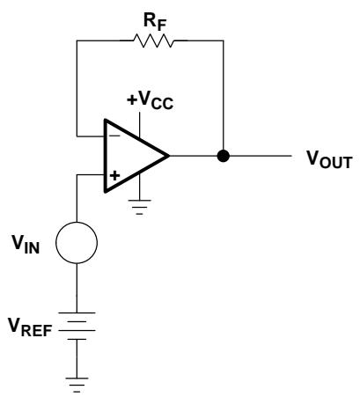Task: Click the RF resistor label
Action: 155,22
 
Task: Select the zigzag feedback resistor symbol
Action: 153,40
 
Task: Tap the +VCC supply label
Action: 150,100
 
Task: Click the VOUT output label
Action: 329,159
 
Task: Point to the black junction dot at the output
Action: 224,156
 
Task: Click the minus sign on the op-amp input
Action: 115,136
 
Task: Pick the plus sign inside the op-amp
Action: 115,175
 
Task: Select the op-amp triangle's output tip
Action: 170,156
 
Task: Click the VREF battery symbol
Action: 77,326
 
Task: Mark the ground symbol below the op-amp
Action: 140,208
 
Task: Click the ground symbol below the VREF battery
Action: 77,385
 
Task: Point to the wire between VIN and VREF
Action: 77,288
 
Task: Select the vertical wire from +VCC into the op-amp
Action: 140,125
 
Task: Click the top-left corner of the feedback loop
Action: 77,40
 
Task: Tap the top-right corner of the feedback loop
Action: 224,40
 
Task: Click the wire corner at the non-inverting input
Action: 77,175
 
